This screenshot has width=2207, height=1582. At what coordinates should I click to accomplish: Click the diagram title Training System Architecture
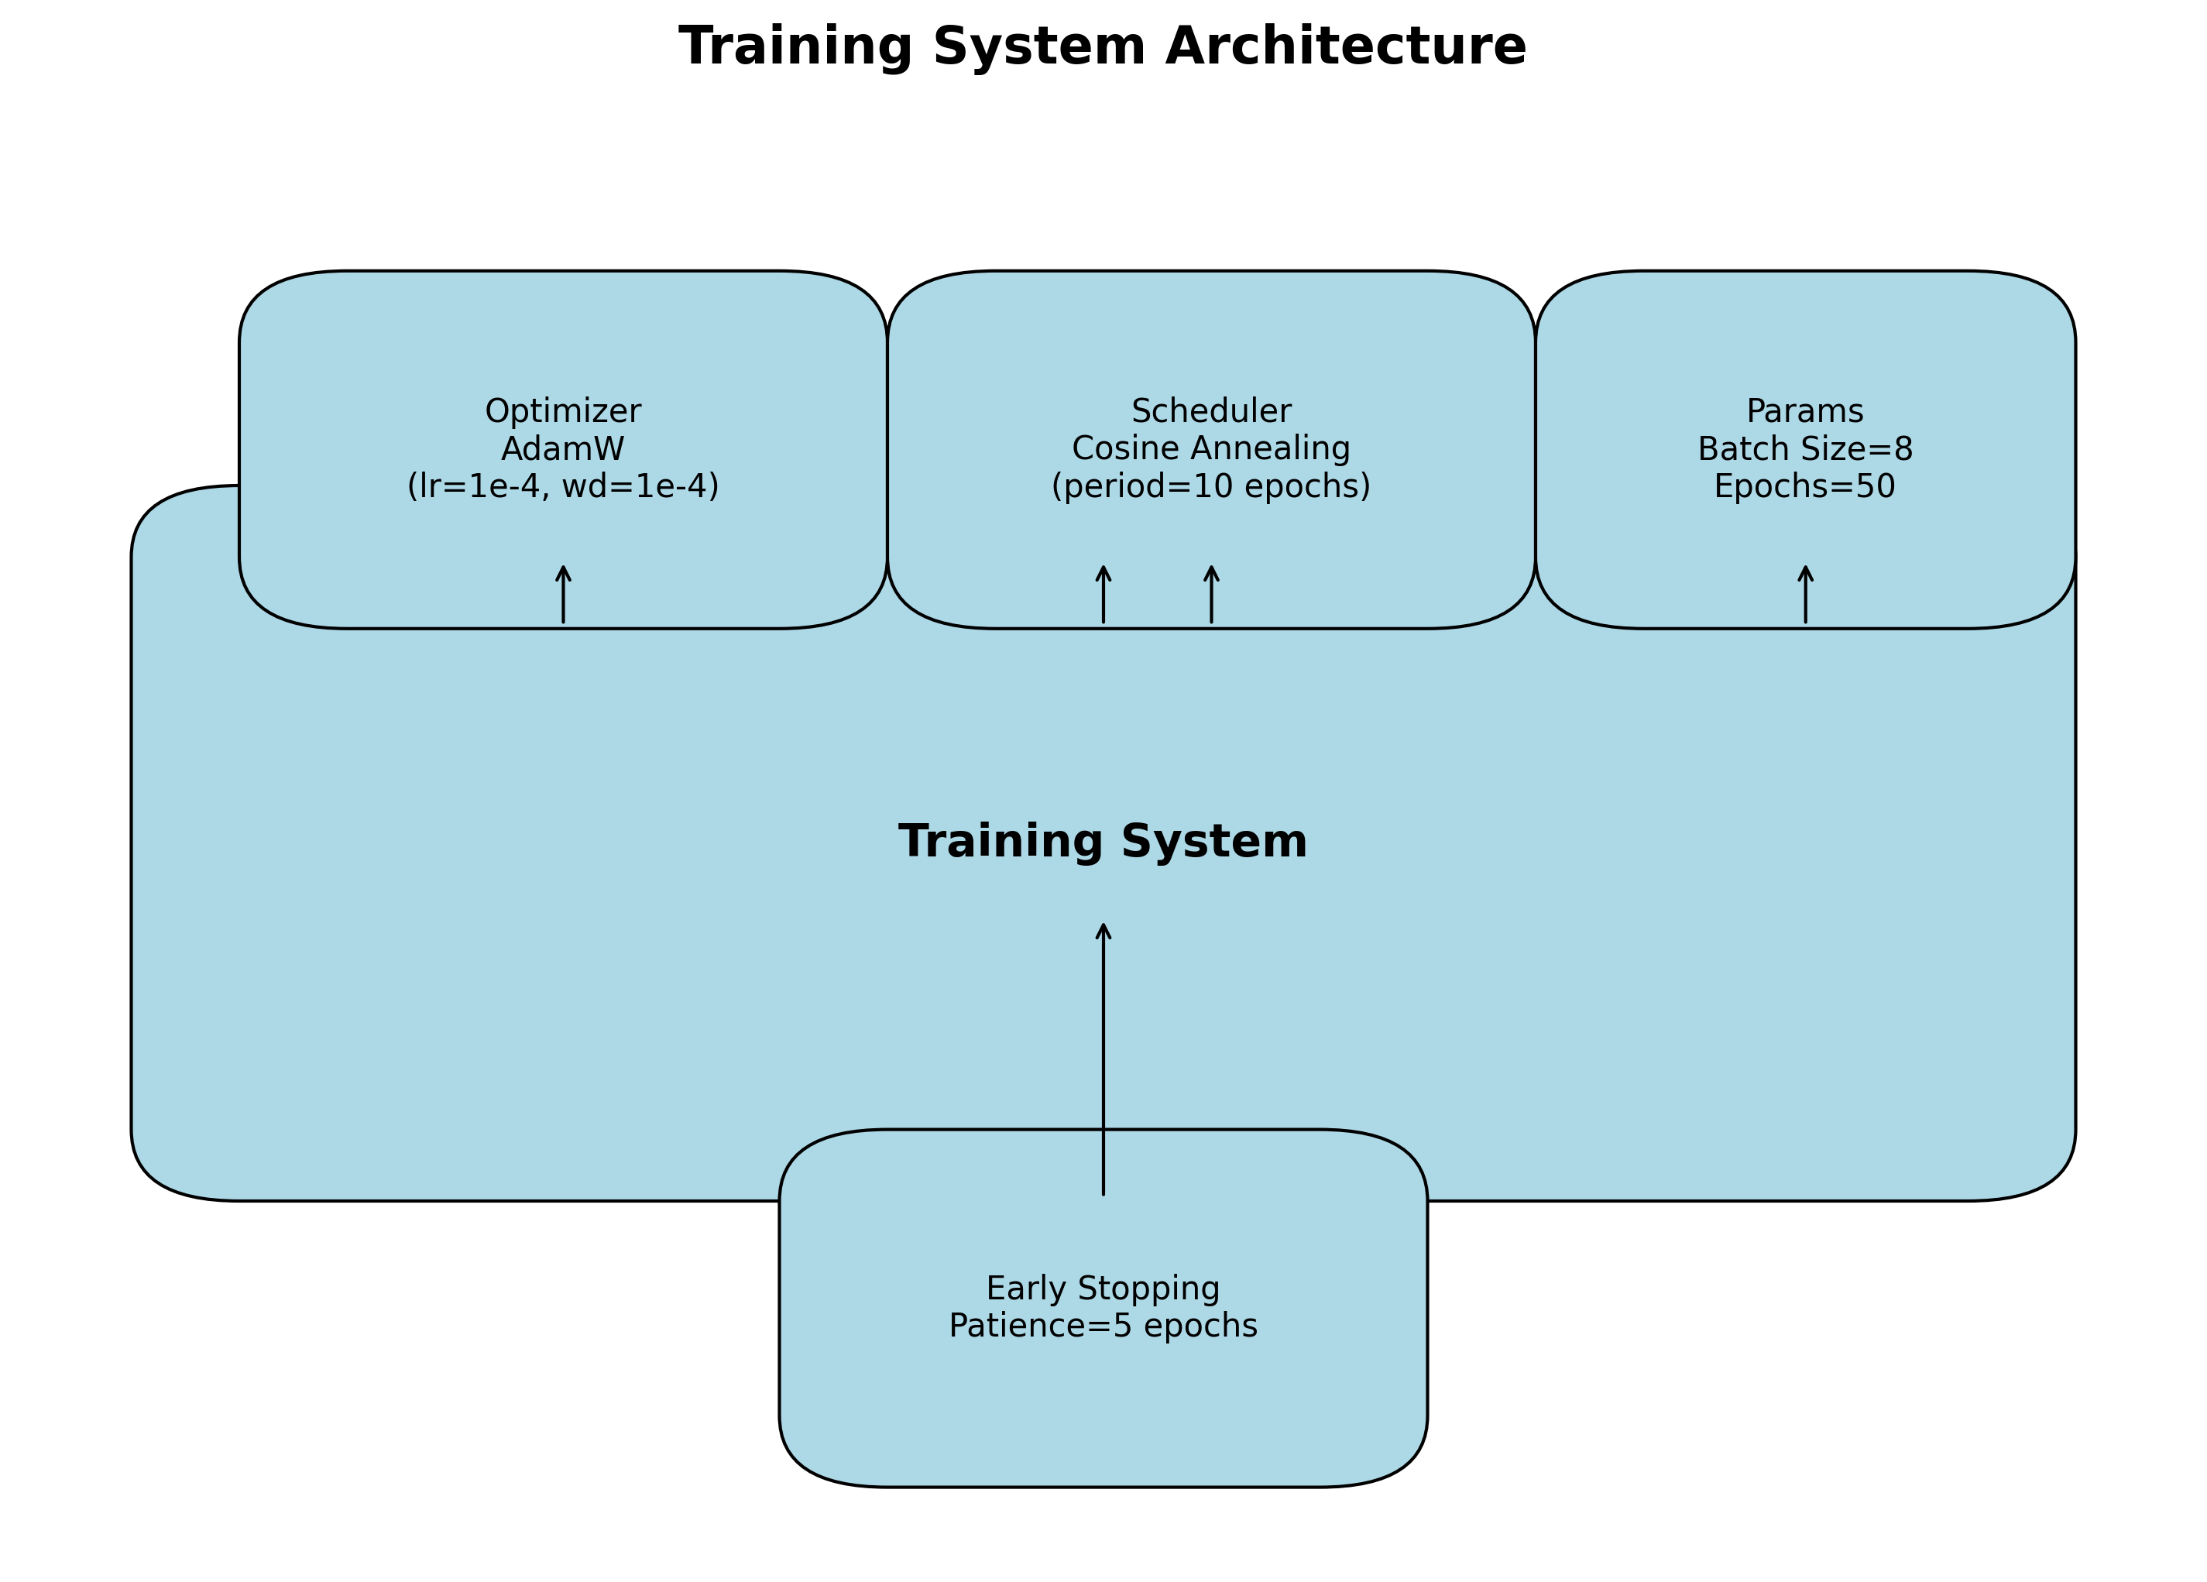[x=1103, y=46]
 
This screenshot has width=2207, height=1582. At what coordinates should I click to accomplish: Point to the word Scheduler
[x=1210, y=411]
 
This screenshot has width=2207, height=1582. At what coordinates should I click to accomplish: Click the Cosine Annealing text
[x=1210, y=448]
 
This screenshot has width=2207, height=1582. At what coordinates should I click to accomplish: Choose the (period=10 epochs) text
[x=1210, y=486]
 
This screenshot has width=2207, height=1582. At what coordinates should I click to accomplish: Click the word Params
[x=1805, y=411]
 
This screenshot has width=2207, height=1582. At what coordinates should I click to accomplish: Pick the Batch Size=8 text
[x=1805, y=449]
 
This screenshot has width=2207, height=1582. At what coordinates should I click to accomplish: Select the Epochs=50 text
[x=1805, y=486]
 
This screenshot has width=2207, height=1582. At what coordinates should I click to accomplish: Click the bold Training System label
[x=1103, y=842]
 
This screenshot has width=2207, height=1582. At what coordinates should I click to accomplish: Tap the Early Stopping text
[x=1103, y=1289]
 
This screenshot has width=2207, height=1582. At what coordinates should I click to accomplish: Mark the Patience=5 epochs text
[x=1103, y=1326]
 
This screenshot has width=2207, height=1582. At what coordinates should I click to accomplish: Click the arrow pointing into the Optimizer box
[x=564, y=595]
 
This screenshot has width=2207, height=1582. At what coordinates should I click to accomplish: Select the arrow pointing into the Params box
[x=1806, y=595]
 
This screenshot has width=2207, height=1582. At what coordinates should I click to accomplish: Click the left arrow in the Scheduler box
[x=1103, y=595]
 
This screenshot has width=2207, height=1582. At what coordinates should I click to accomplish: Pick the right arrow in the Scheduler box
[x=1211, y=595]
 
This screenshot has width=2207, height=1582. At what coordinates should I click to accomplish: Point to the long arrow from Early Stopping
[x=1103, y=1061]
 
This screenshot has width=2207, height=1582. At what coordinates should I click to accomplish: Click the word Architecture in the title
[x=1346, y=46]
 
